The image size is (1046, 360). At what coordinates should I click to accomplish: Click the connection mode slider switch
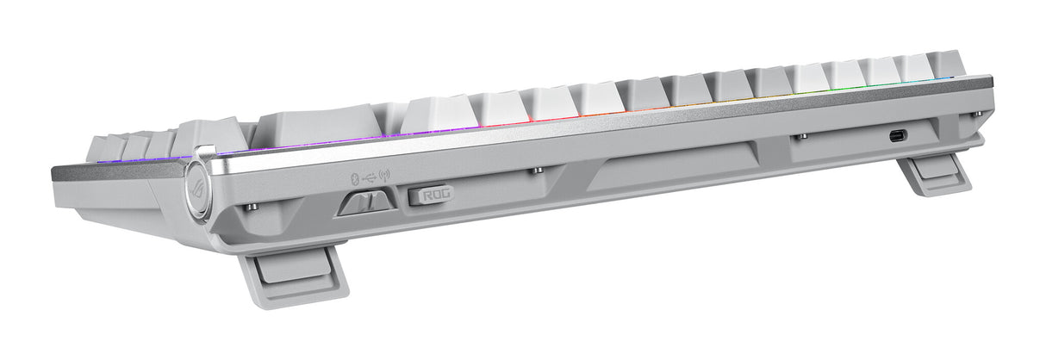coord(366,203)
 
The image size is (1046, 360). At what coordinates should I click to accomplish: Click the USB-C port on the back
coord(899,135)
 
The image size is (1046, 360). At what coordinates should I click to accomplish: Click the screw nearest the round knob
coord(251,207)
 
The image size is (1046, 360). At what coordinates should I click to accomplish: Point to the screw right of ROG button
coord(536,171)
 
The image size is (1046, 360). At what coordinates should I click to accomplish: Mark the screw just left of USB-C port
coord(803,136)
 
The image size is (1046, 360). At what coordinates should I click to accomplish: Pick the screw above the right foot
coord(974,114)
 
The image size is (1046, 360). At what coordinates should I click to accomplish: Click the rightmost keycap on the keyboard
coord(948,65)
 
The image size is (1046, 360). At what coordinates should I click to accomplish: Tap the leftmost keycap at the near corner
coord(99,147)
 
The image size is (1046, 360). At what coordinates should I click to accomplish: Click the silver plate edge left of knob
coord(112,171)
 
